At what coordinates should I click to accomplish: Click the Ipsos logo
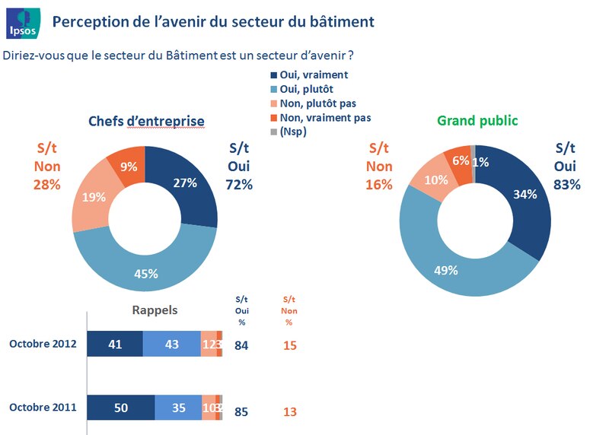pyautogui.click(x=21, y=21)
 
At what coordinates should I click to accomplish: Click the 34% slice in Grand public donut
pyautogui.click(x=525, y=195)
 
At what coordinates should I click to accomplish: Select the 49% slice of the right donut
pyautogui.click(x=446, y=268)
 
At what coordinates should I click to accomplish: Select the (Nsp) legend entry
pyautogui.click(x=295, y=132)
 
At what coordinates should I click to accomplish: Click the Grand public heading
pyautogui.click(x=477, y=120)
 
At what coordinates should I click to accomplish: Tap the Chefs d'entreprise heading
pyautogui.click(x=146, y=121)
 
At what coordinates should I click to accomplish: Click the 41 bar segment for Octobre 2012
pyautogui.click(x=115, y=345)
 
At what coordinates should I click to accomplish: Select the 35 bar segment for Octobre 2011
pyautogui.click(x=178, y=408)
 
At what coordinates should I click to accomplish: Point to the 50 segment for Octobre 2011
pyautogui.click(x=121, y=408)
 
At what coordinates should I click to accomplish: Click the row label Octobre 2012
pyautogui.click(x=43, y=345)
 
